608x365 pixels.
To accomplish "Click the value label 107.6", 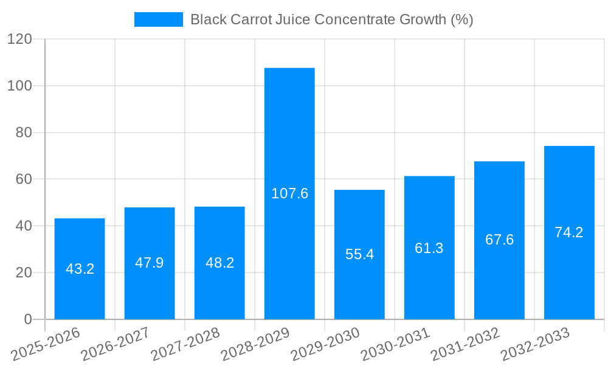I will coord(289,193).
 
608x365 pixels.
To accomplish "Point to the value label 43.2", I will coord(80,269).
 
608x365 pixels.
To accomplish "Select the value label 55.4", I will coord(359,254).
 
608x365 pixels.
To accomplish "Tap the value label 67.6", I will coord(499,240).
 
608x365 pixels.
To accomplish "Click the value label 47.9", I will coord(150,263).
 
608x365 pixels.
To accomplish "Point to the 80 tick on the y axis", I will coord(22,133).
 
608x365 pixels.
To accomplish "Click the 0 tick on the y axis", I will coord(27,319).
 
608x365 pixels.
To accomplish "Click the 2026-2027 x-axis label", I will coord(115,344).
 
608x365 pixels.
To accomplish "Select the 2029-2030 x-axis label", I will coord(325,344).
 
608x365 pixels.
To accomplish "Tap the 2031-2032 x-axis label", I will coord(465,344).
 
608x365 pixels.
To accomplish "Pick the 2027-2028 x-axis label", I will coord(185,344).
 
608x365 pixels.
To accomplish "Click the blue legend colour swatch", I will coord(158,19).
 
